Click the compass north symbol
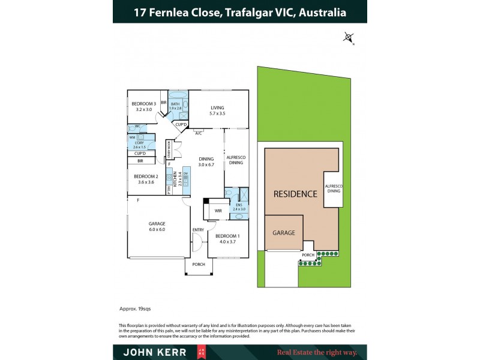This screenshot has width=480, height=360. coord(349,37)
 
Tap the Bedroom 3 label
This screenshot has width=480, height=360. coord(143,107)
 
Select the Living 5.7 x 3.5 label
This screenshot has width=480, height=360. coord(217,110)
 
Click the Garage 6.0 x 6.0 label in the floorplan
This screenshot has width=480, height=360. coord(157,226)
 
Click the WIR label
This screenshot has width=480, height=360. coord(218,211)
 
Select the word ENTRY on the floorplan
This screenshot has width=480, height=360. coord(198,230)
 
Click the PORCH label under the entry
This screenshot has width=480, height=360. coord(198,264)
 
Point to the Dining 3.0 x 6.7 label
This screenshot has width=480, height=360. coord(206,161)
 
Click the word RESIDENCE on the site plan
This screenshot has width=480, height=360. coord(295,194)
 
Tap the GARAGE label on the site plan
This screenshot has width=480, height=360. coord(284,232)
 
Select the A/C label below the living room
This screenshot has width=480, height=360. coord(198,133)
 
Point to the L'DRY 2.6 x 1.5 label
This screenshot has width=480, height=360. coord(139,145)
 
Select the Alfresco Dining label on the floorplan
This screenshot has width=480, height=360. coord(235,160)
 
